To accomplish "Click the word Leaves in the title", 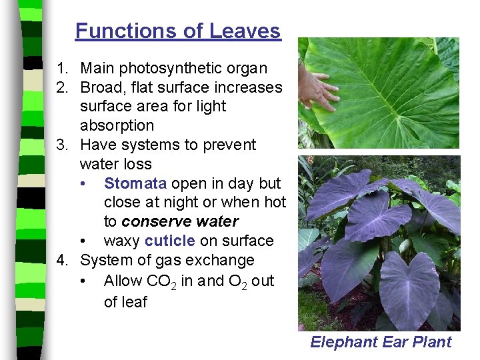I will (x=245, y=31).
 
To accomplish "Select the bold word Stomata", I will (x=135, y=183).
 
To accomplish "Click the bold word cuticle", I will (x=170, y=241).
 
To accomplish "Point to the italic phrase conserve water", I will (x=180, y=221).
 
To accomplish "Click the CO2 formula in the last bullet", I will (x=161, y=281).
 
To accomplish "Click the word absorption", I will (x=117, y=125).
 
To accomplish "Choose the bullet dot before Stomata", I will (x=82, y=183).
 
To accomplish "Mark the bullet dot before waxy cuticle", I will (x=82, y=241).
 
